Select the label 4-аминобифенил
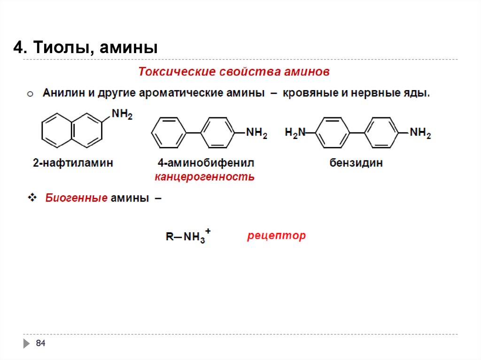click(x=206, y=163)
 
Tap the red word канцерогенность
click(x=205, y=177)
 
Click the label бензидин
click(x=356, y=163)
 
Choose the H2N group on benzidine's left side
click(x=295, y=133)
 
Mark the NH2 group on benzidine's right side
click(x=420, y=133)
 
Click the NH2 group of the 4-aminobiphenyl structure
click(x=257, y=133)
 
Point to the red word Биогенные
click(x=77, y=198)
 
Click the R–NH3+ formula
click(x=188, y=237)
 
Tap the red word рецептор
click(x=276, y=235)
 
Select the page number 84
click(x=41, y=344)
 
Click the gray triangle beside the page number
click(x=26, y=344)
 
